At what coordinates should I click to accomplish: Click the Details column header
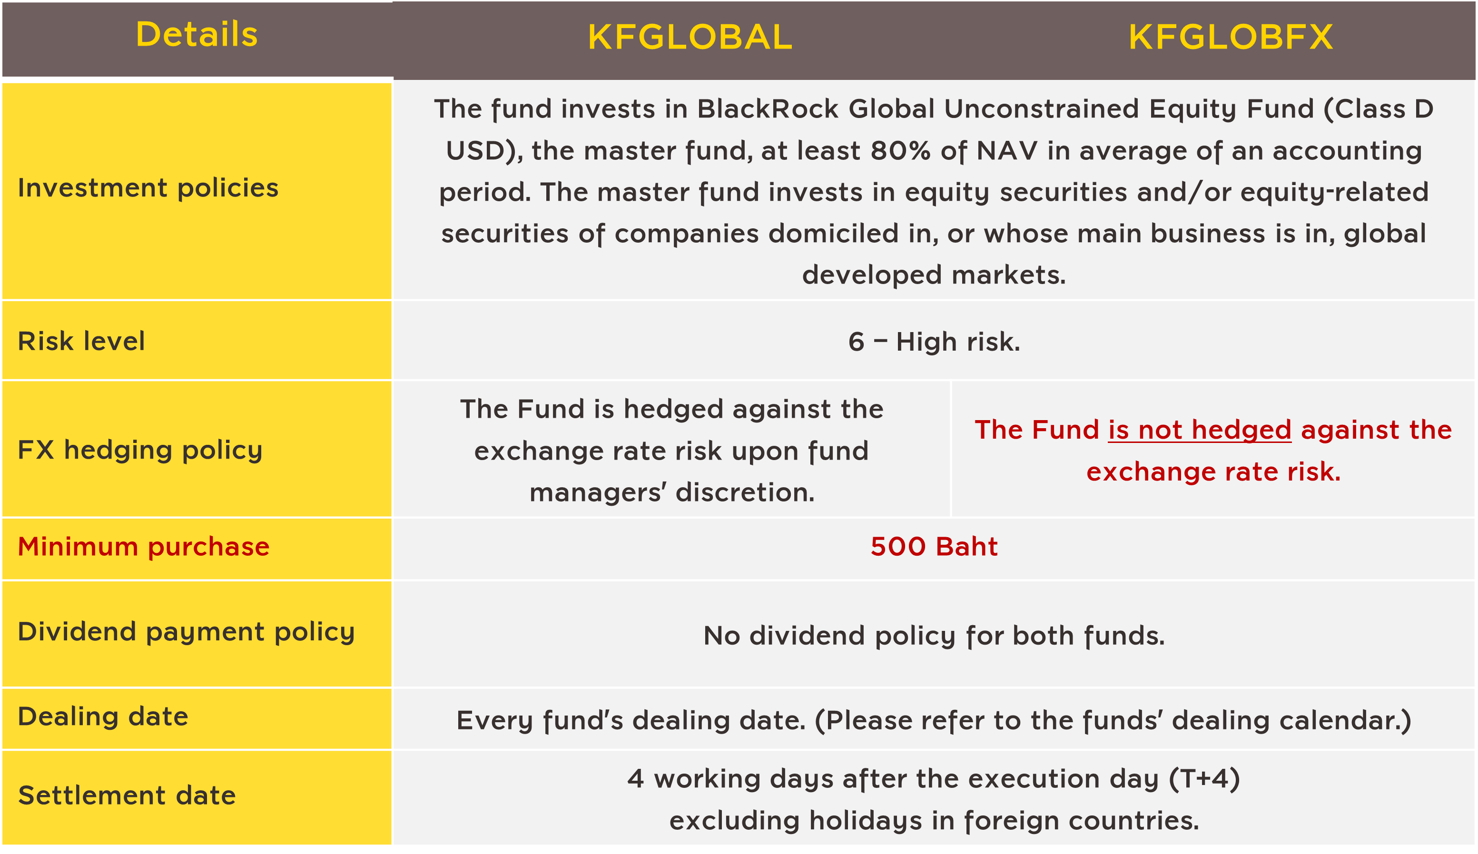coord(197,34)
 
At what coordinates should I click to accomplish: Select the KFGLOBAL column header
coord(690,38)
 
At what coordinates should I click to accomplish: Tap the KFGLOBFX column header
coord(1231,38)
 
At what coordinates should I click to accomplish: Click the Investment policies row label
coord(148,188)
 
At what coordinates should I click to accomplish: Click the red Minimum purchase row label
coord(144,547)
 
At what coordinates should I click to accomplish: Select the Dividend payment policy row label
coord(187,632)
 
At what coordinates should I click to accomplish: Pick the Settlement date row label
coord(127,796)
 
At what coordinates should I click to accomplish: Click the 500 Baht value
coord(934,547)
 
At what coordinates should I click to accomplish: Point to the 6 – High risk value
coord(934,342)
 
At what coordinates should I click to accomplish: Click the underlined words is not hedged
coord(1200,431)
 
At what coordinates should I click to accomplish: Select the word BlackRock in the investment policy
coord(768,109)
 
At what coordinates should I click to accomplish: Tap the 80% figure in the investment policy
coord(900,151)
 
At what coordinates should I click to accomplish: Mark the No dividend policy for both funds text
coord(934,636)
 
